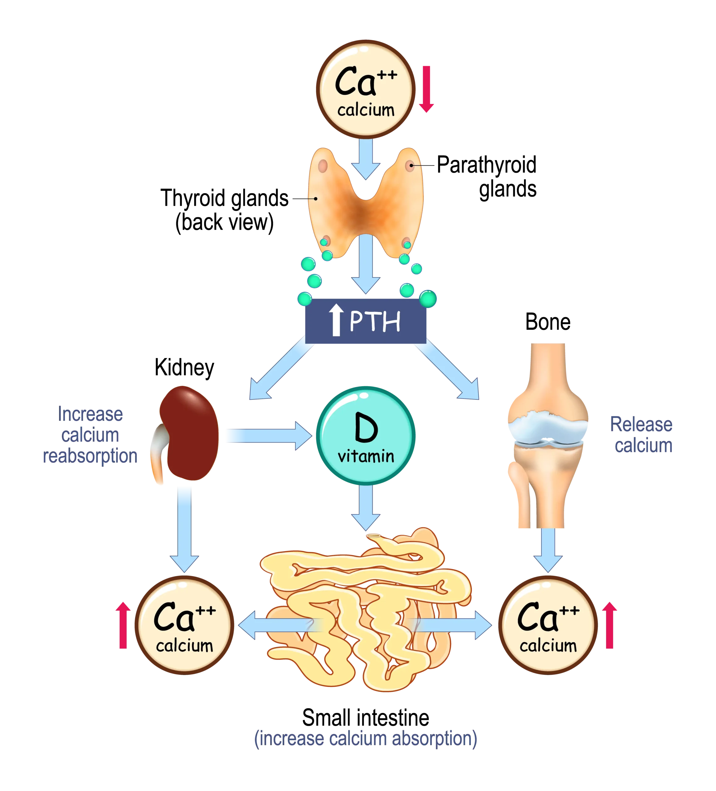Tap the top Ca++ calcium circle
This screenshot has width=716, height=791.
365,90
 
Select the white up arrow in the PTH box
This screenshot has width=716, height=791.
336,321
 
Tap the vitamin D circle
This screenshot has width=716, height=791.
365,436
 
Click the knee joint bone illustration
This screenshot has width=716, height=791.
547,436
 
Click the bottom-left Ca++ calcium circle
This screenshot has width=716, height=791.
185,625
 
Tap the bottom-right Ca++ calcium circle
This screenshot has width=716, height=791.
548,625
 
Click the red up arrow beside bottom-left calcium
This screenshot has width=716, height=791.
123,625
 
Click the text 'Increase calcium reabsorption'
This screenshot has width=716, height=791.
90,436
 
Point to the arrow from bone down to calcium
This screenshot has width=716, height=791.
548,549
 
